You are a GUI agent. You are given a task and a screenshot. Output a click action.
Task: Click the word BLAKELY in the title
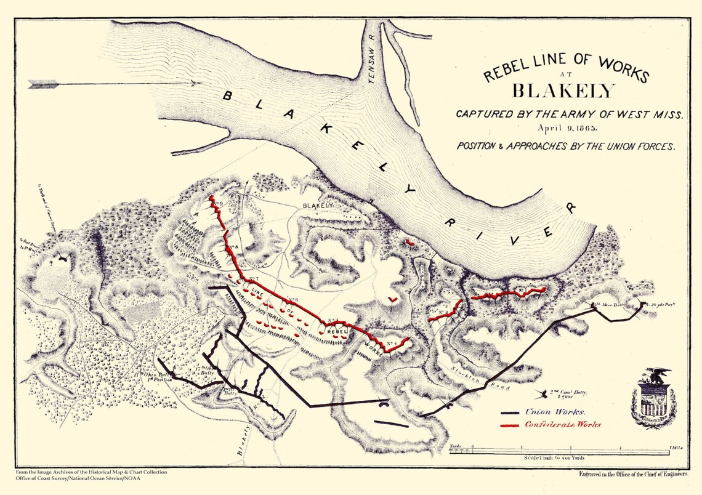click(563, 91)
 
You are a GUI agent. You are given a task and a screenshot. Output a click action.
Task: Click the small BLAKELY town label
click(318, 205)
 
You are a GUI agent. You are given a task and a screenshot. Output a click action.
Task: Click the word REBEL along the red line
click(339, 331)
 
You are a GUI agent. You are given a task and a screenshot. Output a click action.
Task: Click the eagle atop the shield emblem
click(655, 375)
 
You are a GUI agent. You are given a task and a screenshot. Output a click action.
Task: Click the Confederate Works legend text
click(563, 425)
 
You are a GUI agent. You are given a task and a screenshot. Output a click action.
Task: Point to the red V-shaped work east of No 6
click(392, 300)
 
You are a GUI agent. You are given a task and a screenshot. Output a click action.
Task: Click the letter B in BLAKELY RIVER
click(227, 96)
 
